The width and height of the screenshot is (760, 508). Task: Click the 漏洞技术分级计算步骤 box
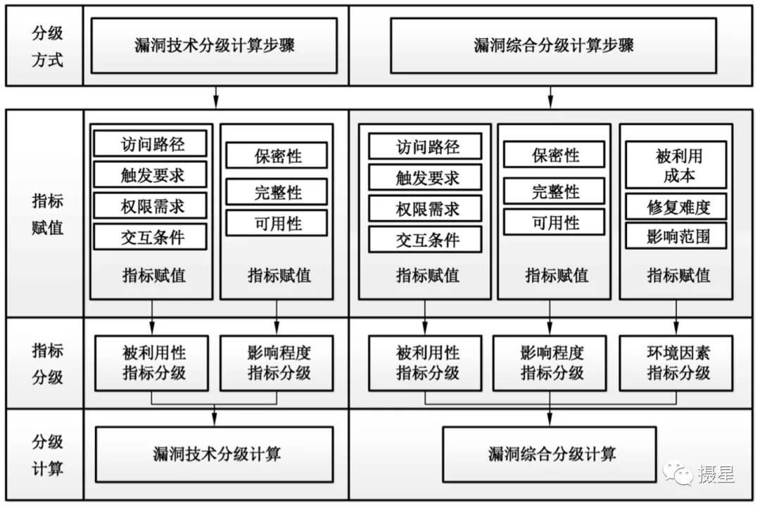214,46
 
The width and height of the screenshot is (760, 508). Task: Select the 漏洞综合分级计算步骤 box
554,46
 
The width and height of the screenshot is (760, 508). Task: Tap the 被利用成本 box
676,165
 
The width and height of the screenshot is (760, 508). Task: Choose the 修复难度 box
676,207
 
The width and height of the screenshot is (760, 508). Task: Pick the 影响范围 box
676,236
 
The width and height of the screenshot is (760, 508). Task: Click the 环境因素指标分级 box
676,363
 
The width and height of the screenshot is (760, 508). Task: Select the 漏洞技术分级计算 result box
215,455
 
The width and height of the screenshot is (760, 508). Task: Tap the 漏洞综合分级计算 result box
550,455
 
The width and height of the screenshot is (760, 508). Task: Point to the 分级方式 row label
48,46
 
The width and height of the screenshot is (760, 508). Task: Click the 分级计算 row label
48,455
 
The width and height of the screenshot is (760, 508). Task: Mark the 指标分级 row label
48,364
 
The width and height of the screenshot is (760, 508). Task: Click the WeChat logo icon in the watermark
678,473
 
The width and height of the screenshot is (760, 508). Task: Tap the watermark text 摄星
716,474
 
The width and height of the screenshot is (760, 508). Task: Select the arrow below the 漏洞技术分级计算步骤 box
216,97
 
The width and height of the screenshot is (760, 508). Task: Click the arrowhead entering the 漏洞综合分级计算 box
550,419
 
